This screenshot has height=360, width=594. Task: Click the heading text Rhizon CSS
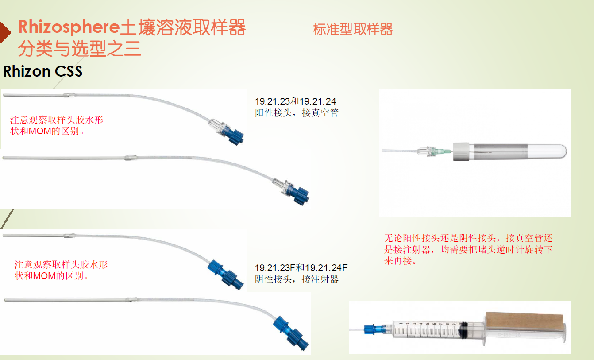[x=43, y=71]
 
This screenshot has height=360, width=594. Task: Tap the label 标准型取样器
[x=353, y=30]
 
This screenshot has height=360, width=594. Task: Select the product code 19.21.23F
[x=275, y=268]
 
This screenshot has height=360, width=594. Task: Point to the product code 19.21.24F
[x=327, y=268]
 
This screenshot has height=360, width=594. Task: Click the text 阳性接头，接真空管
[x=297, y=113]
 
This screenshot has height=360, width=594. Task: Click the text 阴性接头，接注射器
[x=297, y=279]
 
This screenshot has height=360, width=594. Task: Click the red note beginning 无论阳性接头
[x=468, y=249]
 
